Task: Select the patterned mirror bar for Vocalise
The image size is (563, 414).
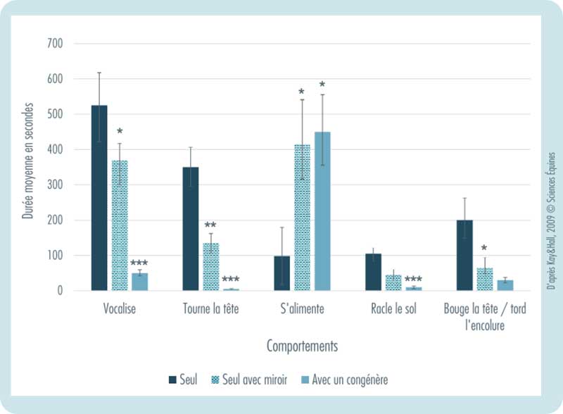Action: [120, 225]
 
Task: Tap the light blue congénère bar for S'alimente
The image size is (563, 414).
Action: [322, 211]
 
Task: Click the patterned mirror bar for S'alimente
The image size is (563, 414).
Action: [302, 218]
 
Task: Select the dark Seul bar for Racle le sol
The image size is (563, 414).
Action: [373, 272]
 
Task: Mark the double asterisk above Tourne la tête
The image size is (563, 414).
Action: [210, 225]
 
